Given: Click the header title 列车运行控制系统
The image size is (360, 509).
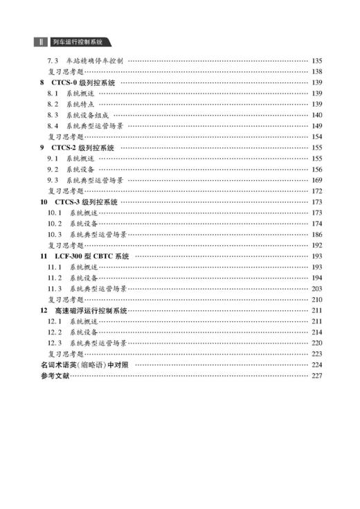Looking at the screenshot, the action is pyautogui.click(x=82, y=42).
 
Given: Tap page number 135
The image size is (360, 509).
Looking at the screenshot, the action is pyautogui.click(x=318, y=61).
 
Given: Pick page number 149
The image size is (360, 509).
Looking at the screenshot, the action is pyautogui.click(x=318, y=126).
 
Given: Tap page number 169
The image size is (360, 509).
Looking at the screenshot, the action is pyautogui.click(x=318, y=180).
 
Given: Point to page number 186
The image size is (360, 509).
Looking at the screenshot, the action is pyautogui.click(x=318, y=234).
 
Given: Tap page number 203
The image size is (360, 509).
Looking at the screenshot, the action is pyautogui.click(x=318, y=288).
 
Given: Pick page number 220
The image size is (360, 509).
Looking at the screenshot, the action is pyautogui.click(x=318, y=343).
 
